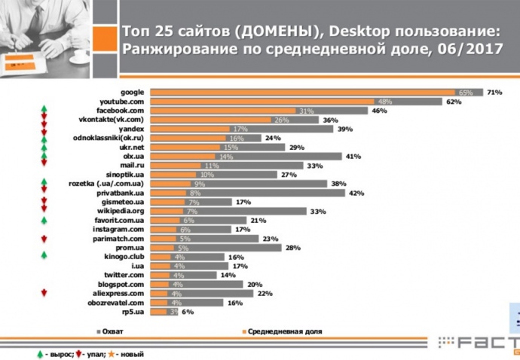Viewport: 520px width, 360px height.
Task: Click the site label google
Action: (132, 92)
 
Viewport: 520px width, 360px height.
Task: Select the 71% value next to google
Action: (494, 92)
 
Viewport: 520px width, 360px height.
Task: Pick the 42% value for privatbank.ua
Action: (356, 193)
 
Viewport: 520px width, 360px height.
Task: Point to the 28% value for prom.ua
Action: (291, 248)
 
